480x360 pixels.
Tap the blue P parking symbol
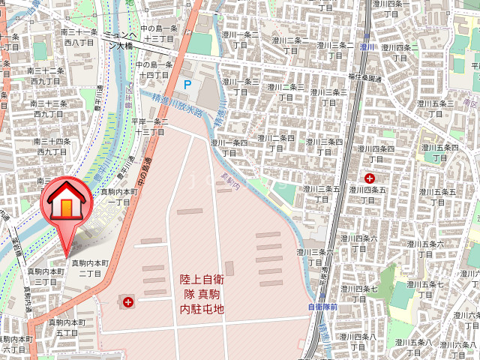click(187, 85)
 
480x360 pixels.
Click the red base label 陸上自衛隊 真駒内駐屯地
click(202, 293)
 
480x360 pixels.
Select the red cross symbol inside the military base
click(129, 302)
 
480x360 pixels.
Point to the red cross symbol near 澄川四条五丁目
click(370, 178)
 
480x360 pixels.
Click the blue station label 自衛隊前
click(322, 307)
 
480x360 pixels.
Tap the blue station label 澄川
click(367, 46)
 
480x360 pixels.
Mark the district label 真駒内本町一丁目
click(120, 196)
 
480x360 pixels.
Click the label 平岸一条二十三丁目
click(149, 126)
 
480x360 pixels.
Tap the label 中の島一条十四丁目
click(154, 70)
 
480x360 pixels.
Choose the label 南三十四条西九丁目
click(52, 146)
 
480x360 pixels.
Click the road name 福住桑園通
click(364, 79)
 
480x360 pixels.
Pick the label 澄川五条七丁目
click(424, 290)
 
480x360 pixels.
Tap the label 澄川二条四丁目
click(275, 142)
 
